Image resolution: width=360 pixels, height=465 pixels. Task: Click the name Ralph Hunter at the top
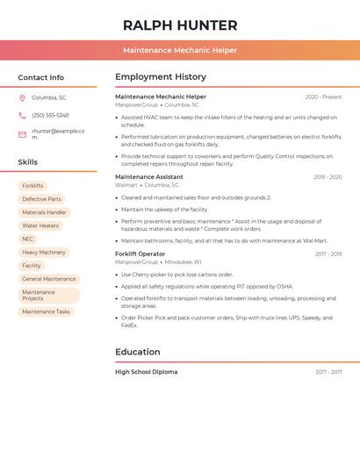click(180, 25)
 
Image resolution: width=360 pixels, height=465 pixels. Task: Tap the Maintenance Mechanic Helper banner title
click(180, 51)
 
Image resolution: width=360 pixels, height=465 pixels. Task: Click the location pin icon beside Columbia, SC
click(22, 97)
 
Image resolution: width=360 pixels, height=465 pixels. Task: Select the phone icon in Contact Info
click(22, 115)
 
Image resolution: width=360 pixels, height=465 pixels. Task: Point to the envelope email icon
click(22, 134)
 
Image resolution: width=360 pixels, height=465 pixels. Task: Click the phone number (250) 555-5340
click(50, 115)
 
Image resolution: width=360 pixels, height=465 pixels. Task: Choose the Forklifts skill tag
click(32, 186)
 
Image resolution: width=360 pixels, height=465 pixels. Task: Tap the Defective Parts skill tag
click(41, 199)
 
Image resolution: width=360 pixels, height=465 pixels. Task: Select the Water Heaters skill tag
click(40, 225)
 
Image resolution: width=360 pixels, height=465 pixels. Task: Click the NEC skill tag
click(28, 239)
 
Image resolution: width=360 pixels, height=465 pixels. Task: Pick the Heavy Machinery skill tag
click(44, 252)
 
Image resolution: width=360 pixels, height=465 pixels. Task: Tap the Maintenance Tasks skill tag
click(46, 311)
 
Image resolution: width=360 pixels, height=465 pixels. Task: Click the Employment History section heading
click(160, 77)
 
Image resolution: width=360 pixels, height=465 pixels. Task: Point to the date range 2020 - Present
click(323, 97)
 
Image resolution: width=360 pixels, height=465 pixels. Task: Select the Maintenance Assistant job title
click(149, 177)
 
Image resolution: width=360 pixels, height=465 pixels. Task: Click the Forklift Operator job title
click(140, 254)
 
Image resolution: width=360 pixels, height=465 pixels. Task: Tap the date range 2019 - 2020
click(328, 177)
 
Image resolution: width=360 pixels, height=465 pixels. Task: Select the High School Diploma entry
click(146, 372)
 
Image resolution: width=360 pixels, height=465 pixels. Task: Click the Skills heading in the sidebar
click(28, 162)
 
